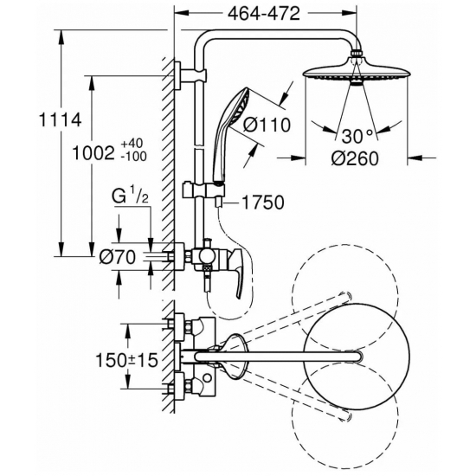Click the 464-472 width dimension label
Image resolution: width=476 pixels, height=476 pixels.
click(264, 14)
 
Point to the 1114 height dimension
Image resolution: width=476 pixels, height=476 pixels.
click(61, 120)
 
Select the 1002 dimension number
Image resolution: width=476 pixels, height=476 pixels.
click(93, 153)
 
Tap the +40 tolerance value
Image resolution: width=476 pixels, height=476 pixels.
click(132, 143)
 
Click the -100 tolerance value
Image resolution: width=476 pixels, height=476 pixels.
click(133, 157)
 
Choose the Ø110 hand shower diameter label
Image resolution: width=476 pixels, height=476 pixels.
click(267, 125)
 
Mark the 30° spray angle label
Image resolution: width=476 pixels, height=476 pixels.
click(357, 137)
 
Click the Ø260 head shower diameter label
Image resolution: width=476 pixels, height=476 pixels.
click(355, 158)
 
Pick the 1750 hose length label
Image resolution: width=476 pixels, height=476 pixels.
click(263, 203)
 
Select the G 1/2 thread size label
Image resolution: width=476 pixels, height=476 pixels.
click(130, 196)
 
